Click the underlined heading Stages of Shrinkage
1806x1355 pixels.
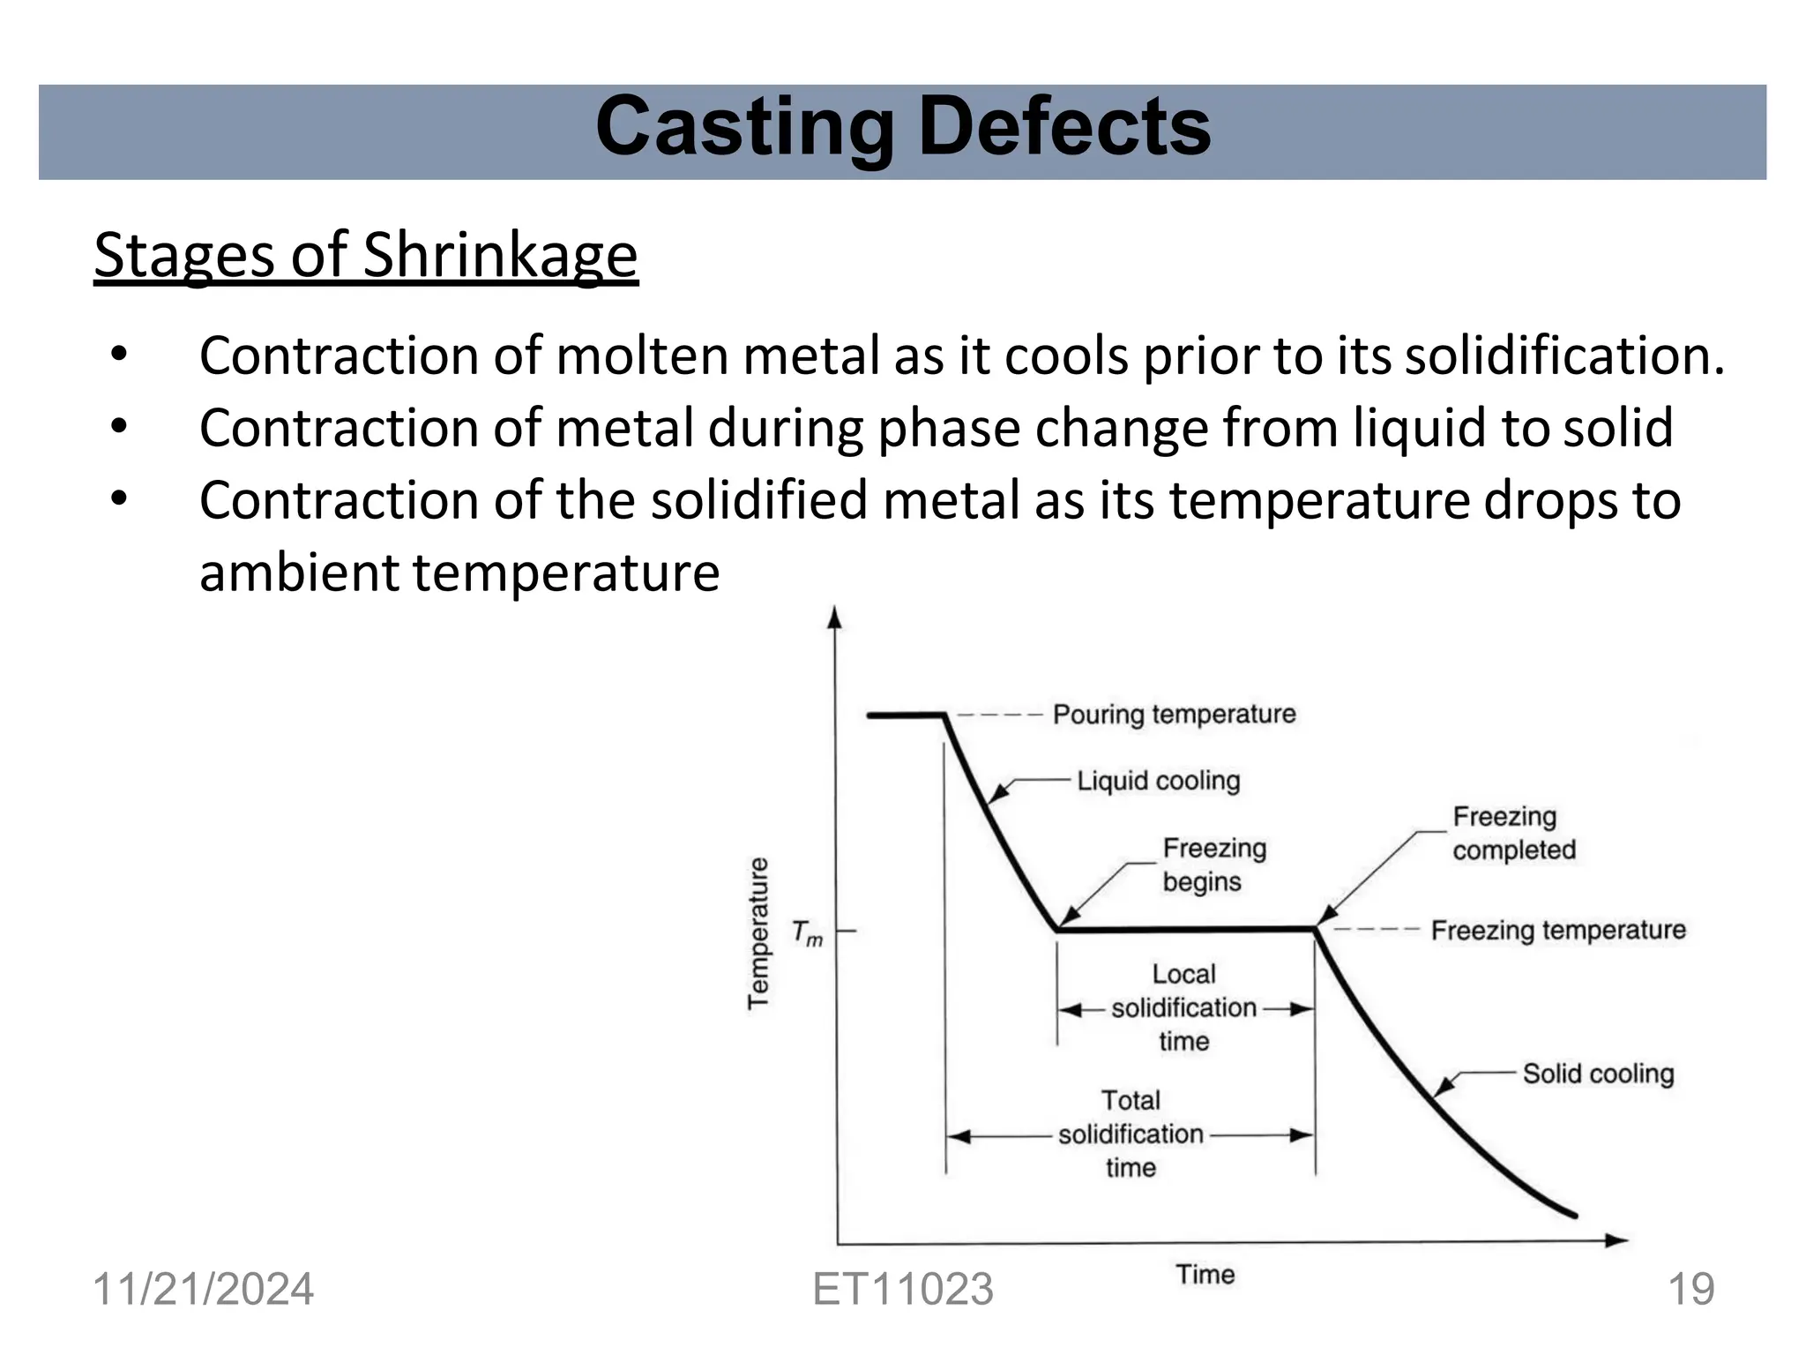click(x=366, y=256)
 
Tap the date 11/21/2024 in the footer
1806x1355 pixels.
click(x=203, y=1290)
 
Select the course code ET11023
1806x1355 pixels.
click(x=903, y=1290)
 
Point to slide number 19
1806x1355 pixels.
click(x=1690, y=1290)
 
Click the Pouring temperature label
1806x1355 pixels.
click(x=1174, y=715)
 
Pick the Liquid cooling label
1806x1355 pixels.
click(x=1158, y=781)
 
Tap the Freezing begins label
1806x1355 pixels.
click(x=1213, y=865)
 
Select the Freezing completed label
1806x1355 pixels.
click(x=1513, y=834)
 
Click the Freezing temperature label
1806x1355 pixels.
click(x=1557, y=931)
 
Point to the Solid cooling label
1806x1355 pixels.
click(x=1597, y=1074)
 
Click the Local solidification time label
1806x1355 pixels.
click(x=1183, y=1007)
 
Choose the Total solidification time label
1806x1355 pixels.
click(x=1131, y=1134)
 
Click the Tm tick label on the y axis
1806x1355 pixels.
click(x=806, y=932)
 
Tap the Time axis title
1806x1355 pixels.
click(x=1205, y=1275)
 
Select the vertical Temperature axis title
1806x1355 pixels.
click(x=758, y=932)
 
